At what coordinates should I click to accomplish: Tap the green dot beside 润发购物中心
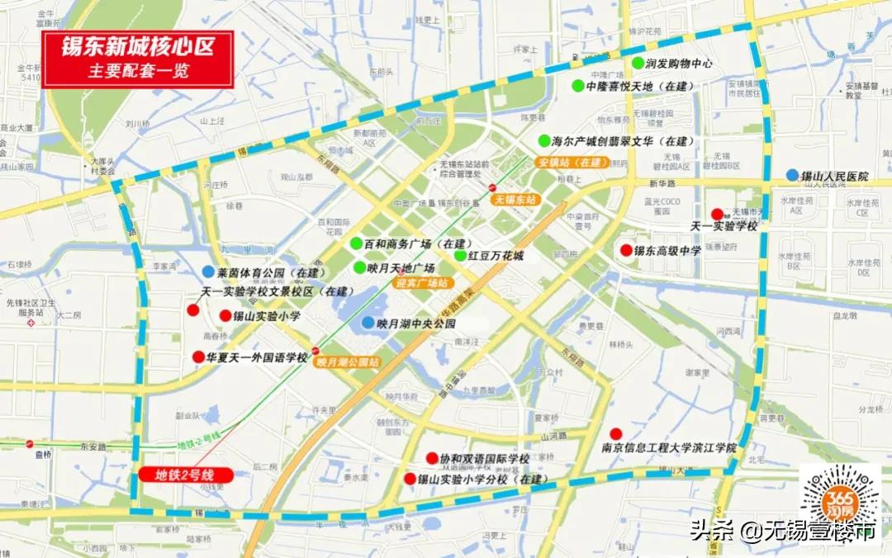click(x=638, y=63)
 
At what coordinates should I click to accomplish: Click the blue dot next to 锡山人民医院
click(x=792, y=175)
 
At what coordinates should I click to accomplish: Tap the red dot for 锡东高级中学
click(x=626, y=250)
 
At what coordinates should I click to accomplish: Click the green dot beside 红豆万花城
click(x=460, y=255)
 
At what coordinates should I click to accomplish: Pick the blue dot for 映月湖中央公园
click(x=367, y=323)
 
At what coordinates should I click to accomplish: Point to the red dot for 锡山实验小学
click(x=225, y=315)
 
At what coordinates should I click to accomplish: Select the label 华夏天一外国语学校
click(x=257, y=358)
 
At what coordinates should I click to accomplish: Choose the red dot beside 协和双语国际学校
click(x=431, y=458)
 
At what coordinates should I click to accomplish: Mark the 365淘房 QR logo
click(x=840, y=503)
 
